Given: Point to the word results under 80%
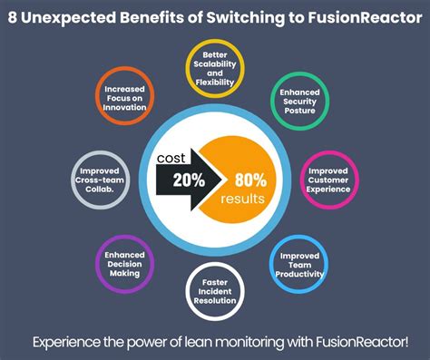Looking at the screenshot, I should tap(241, 197).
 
